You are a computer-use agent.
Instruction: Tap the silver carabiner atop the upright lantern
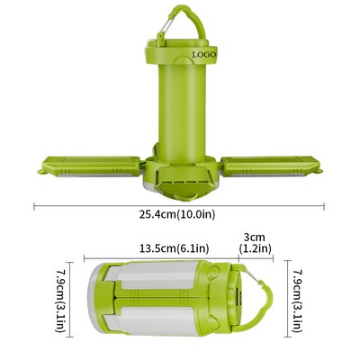(163, 33)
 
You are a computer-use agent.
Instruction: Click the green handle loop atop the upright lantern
(184, 20)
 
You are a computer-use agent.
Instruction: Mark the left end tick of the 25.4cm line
(34, 206)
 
